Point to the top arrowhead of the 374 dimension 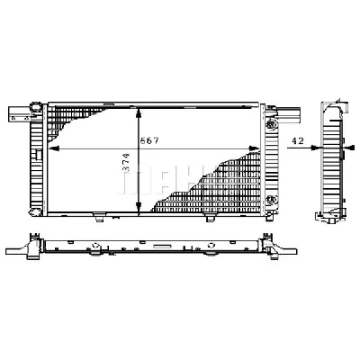click(137, 112)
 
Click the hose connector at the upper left click(16, 113)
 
